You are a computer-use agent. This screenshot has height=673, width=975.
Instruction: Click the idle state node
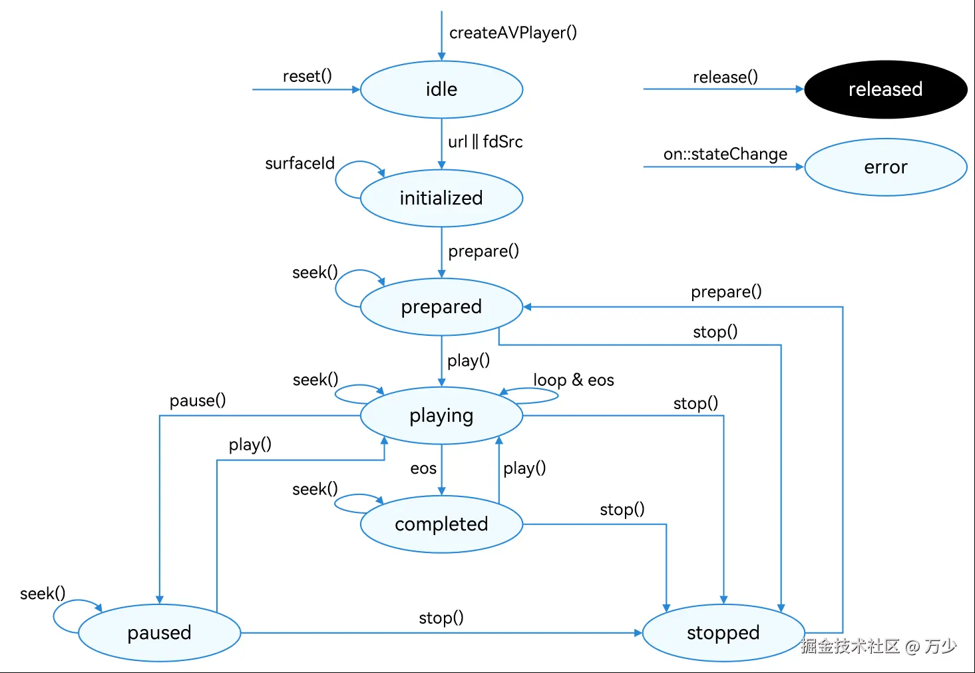(441, 89)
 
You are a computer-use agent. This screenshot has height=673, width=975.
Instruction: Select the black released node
(885, 89)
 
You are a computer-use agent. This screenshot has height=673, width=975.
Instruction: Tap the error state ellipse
(885, 167)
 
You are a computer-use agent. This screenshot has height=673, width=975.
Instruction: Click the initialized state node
(441, 198)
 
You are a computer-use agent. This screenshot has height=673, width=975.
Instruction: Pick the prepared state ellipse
(441, 307)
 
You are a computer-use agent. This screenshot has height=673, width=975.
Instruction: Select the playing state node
(441, 415)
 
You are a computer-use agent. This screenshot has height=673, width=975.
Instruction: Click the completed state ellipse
(441, 524)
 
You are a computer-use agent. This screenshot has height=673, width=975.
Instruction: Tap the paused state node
(159, 632)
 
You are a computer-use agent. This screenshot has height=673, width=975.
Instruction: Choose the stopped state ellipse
(723, 632)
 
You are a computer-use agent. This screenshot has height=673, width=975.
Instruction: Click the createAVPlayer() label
(513, 33)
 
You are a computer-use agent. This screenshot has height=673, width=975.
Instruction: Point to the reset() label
(307, 76)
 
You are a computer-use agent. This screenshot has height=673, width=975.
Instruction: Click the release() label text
(725, 77)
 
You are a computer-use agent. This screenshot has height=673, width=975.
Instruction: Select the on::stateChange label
(725, 155)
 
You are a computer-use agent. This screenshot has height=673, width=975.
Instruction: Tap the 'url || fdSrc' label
(485, 142)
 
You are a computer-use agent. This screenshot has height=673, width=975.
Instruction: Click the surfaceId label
(299, 163)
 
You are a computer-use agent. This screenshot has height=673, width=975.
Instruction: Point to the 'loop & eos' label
(573, 380)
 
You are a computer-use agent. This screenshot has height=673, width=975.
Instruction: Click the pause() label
(198, 400)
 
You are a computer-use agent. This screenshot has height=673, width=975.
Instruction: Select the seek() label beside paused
(43, 593)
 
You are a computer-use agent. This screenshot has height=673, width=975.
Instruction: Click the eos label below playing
(423, 468)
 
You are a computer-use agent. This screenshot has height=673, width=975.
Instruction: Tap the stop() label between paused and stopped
(441, 618)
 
